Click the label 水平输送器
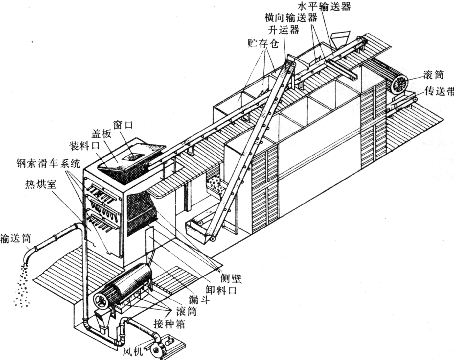[324, 6]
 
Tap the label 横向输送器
[291, 18]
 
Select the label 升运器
[284, 30]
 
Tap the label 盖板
[101, 134]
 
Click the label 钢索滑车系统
[48, 163]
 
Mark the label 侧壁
[231, 279]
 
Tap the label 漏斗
[199, 300]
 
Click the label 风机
[133, 352]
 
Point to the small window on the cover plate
[133, 157]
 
